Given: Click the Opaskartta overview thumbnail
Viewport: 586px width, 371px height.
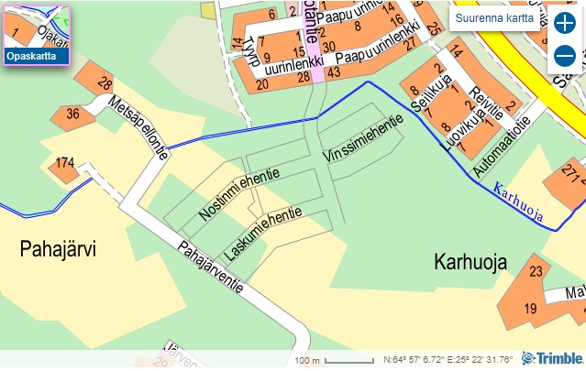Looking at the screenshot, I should coord(37,34).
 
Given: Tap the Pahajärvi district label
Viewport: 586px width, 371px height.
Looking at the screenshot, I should coord(59,248).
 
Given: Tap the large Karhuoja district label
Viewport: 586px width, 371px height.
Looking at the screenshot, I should coord(470,263).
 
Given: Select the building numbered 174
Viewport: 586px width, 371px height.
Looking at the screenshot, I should coord(64,164).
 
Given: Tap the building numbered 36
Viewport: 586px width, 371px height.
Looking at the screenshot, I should coord(72,115).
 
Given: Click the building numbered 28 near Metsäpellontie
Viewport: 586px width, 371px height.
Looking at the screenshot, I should coord(102,82).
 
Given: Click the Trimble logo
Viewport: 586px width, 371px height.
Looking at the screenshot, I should coord(553,358).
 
